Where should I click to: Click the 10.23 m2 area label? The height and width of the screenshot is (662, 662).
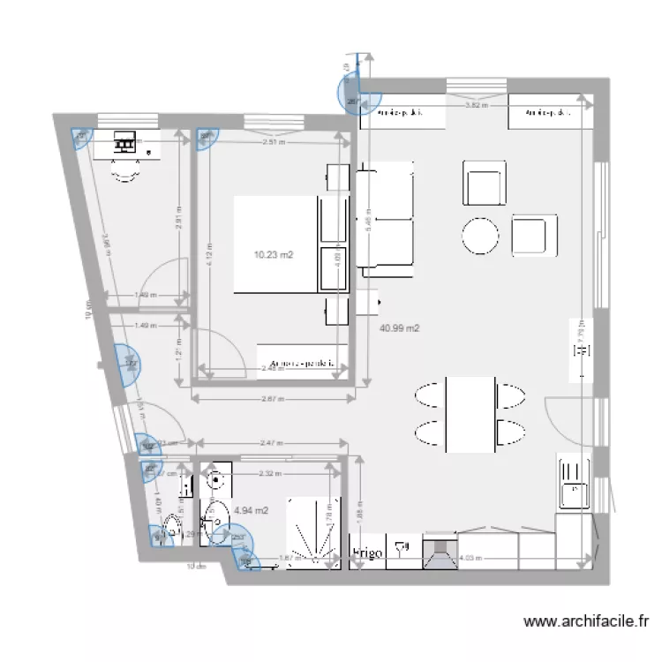274,255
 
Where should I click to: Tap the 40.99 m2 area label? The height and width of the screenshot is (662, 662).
399,328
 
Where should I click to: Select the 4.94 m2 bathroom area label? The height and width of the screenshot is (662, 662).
251,510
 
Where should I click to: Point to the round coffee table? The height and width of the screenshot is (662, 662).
480,236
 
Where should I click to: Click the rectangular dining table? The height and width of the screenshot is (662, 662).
470,413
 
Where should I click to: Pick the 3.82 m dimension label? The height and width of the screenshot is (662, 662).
477,104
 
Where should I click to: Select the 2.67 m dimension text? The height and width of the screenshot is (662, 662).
272,398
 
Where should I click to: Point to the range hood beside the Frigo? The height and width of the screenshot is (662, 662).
440,553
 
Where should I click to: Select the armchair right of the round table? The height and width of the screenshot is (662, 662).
534,235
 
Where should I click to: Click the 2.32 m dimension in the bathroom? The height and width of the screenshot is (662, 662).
269,473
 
